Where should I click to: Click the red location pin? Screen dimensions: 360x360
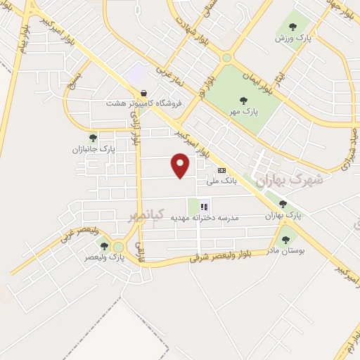181,165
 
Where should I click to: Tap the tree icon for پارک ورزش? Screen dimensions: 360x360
292,27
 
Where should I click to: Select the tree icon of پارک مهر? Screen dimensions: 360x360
243,101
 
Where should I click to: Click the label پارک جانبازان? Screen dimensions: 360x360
93,149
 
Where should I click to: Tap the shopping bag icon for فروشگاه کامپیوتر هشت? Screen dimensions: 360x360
144,92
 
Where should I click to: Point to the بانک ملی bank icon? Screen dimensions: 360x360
222,170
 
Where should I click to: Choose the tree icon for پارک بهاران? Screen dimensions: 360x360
283,205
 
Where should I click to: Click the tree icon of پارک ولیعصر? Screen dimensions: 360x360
105,246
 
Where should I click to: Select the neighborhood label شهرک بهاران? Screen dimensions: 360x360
289,179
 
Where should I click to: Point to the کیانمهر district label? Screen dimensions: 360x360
146,214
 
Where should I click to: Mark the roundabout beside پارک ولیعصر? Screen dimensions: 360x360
117,247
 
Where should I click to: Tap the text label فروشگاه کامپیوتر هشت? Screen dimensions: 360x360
144,103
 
